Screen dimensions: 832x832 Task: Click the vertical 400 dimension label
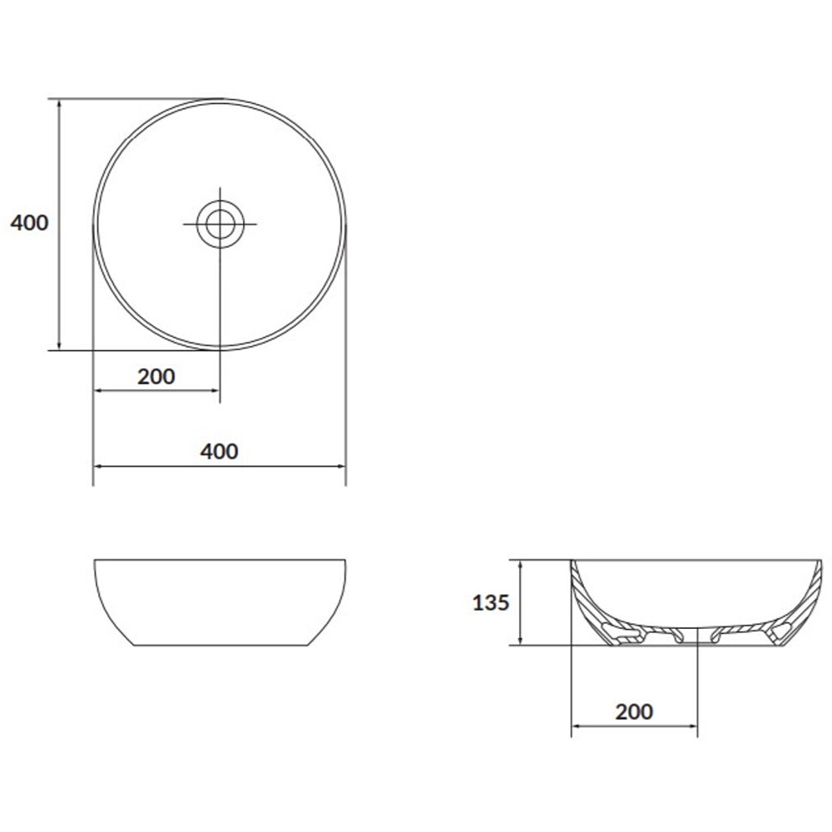pyautogui.click(x=30, y=223)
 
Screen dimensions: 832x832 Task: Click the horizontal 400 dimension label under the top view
pyautogui.click(x=219, y=452)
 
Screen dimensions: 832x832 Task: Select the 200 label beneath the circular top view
pyautogui.click(x=156, y=377)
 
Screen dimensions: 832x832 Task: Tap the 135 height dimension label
pyautogui.click(x=491, y=602)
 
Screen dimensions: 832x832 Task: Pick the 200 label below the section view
pyautogui.click(x=634, y=712)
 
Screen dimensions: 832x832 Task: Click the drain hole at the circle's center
pyautogui.click(x=220, y=224)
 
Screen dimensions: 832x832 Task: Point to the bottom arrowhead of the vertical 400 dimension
pyautogui.click(x=59, y=344)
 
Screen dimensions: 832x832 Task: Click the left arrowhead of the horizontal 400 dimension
pyautogui.click(x=99, y=467)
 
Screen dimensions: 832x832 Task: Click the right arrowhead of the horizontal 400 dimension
pyautogui.click(x=340, y=467)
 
